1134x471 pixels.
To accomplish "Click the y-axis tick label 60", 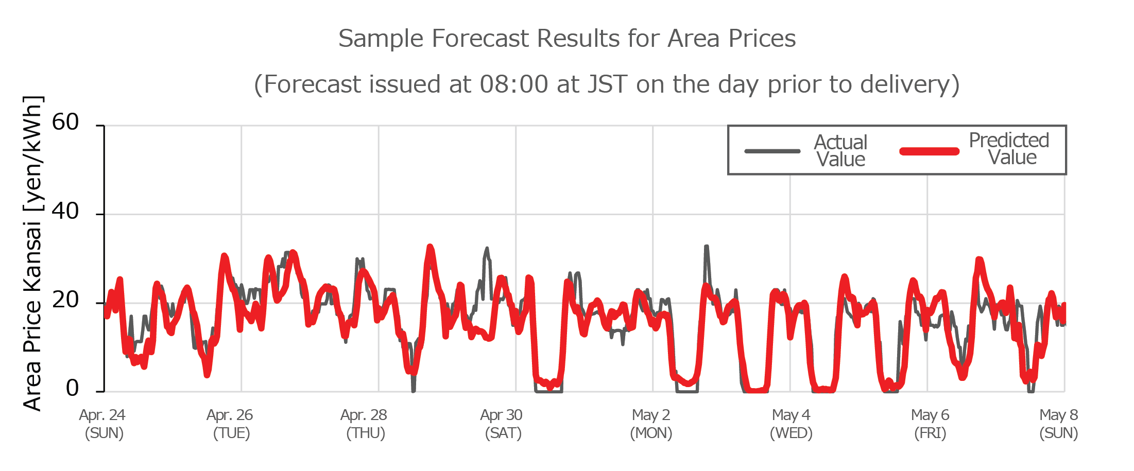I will point(65,123).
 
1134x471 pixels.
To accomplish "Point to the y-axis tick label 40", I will point(65,212).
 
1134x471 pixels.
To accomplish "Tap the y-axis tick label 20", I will point(65,300).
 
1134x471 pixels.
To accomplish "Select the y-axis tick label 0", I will point(72,388).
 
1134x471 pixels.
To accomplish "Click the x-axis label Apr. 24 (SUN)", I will point(103,424).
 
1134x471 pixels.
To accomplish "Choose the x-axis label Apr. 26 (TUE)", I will point(230,424).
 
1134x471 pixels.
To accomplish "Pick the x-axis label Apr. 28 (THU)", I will point(364,424).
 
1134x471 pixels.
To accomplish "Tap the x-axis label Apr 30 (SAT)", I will point(502,424).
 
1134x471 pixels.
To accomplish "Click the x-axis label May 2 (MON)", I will point(651,424).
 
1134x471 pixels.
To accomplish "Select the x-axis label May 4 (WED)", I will point(791,424).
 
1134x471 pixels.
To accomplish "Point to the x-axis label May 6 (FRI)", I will point(930,424).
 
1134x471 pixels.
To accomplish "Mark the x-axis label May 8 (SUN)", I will point(1058,424).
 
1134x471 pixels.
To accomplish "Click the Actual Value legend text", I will point(840,151).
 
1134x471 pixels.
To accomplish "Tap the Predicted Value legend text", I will point(1009,149).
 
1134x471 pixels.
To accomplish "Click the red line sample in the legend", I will point(930,151).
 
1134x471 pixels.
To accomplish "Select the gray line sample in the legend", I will point(772,151).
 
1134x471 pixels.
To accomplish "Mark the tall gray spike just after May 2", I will point(707,248).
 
